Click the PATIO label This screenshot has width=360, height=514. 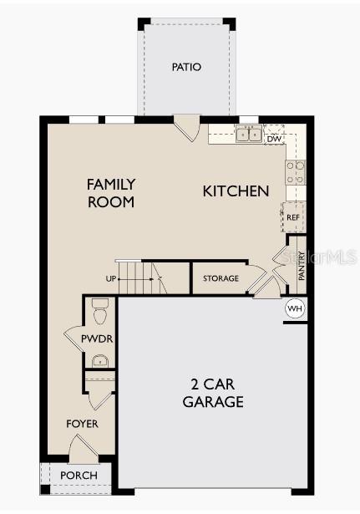coord(186,67)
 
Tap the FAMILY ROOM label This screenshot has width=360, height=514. coord(111,192)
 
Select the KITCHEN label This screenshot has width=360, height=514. coord(236,191)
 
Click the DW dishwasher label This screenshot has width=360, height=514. coord(274,139)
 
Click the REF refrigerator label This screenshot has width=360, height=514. coord(293,217)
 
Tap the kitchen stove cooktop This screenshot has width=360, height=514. coord(296,172)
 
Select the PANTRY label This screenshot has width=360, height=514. coord(302,266)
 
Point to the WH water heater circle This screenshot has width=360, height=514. coord(294,308)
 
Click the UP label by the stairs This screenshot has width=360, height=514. coord(111,278)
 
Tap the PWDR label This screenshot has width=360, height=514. coord(97,338)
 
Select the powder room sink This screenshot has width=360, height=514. coord(100,360)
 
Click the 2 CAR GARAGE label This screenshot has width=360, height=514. coord(213,393)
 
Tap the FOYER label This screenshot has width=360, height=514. coord(82,424)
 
